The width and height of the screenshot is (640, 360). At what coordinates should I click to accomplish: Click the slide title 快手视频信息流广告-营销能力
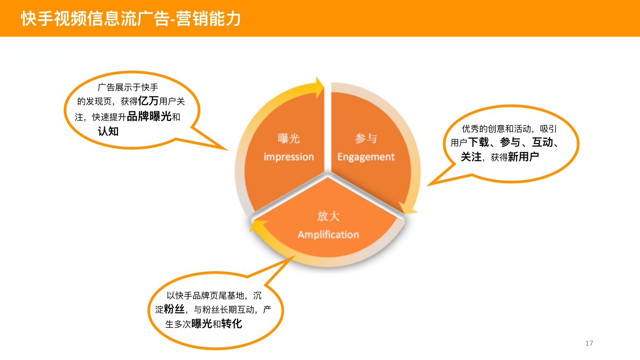[131, 19]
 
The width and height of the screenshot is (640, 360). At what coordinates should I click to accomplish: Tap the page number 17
[589, 343]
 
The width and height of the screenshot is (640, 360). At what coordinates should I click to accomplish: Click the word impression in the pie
[288, 157]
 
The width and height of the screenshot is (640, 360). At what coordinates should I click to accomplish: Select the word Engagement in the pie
[366, 157]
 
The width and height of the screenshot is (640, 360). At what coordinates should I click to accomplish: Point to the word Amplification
[328, 235]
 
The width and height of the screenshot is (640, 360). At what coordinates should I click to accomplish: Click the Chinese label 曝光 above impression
[288, 139]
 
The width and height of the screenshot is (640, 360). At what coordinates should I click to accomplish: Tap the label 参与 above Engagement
[366, 139]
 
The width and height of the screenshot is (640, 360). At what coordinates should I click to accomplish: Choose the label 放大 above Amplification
[328, 216]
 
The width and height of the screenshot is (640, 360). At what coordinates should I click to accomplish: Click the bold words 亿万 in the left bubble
[148, 101]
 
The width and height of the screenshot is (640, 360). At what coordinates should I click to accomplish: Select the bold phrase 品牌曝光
[149, 116]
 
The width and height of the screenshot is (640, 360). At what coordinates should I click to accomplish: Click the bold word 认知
[108, 132]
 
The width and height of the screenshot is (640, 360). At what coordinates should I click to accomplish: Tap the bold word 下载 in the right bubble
[478, 142]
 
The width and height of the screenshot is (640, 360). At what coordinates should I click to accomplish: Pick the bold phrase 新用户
[523, 156]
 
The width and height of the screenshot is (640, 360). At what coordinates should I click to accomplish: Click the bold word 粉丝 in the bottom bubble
[174, 309]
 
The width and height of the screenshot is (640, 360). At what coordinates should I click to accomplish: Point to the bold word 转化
[231, 324]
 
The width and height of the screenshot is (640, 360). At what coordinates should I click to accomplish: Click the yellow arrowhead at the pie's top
[320, 87]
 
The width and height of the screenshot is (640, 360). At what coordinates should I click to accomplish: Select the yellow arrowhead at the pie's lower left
[256, 227]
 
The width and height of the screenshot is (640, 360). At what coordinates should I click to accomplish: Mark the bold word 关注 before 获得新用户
[471, 156]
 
